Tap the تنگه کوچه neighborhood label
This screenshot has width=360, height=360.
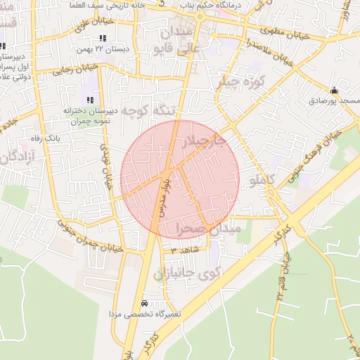pos(147,110)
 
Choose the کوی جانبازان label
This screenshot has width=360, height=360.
pos(187,273)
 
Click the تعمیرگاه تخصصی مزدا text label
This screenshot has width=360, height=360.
pos(145,314)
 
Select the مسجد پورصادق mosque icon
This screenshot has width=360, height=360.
pos(334,90)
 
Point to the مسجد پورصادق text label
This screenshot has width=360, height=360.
pos(334,101)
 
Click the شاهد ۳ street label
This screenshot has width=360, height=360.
pos(185,249)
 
